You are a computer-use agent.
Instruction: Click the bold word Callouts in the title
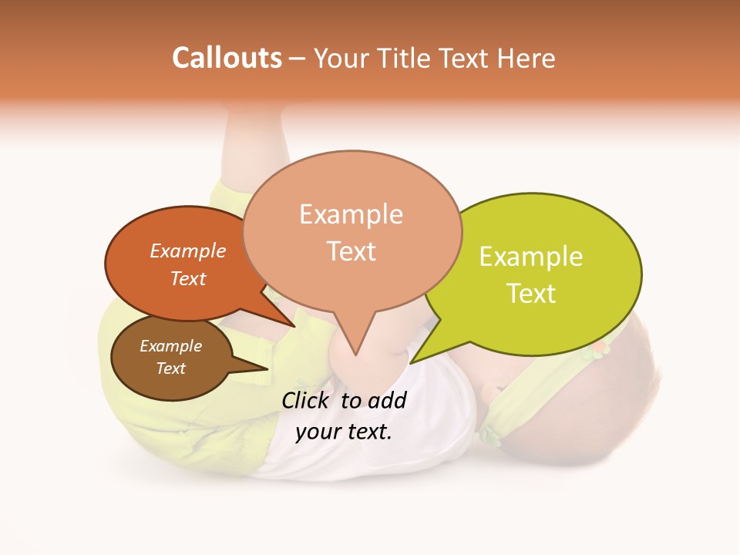point(227,58)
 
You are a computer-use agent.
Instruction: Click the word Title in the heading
point(405,58)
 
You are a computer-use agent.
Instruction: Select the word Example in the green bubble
point(531,257)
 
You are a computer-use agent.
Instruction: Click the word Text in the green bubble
point(531,294)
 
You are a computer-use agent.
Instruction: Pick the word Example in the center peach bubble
point(351,214)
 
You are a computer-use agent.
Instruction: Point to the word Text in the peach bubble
point(351,251)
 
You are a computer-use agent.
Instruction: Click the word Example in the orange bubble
point(187,251)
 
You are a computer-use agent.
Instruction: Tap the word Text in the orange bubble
point(187,279)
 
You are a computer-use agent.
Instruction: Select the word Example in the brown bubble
point(170,346)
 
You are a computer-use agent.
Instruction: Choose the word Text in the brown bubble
point(170,368)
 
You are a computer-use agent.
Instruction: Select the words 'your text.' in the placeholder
point(344,432)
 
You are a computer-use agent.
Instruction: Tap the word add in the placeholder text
point(387,400)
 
